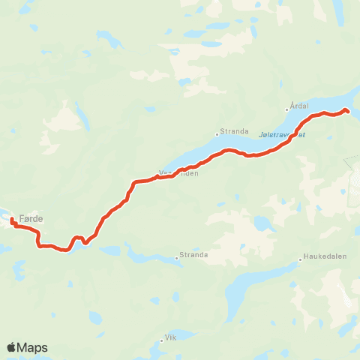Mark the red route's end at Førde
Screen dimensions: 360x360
click(x=12, y=219)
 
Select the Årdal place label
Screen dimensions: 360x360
click(x=298, y=106)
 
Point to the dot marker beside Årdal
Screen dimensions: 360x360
click(x=286, y=109)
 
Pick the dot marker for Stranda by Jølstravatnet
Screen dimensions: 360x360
click(x=217, y=134)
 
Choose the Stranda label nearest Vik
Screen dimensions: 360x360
click(x=194, y=254)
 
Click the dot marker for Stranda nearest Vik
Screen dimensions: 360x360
click(x=178, y=258)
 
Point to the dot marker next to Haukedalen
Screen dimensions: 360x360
click(x=301, y=259)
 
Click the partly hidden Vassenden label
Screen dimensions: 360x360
click(x=180, y=173)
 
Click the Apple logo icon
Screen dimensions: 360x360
click(x=11, y=347)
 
